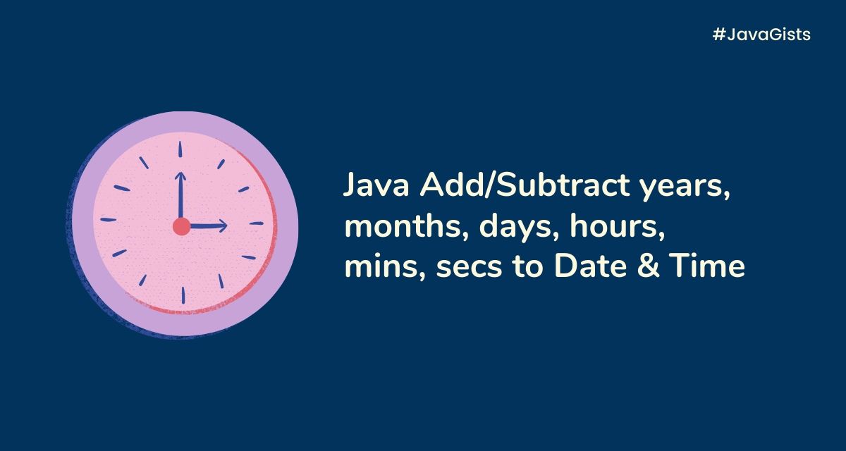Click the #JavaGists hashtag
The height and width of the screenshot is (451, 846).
tap(761, 35)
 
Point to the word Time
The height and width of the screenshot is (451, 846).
tap(708, 268)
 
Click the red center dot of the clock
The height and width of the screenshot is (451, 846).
tap(182, 226)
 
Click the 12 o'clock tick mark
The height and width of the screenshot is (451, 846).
tap(180, 149)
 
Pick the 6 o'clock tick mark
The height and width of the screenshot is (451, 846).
tap(182, 295)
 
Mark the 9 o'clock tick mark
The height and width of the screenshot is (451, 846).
tap(108, 220)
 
